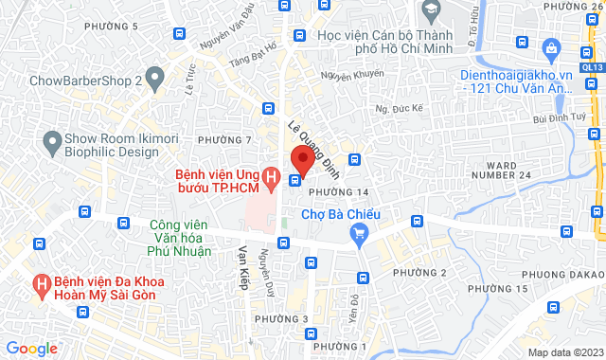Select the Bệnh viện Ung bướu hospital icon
tap(272, 177)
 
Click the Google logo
tap(30, 348)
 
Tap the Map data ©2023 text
tap(565, 352)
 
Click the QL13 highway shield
tap(594, 68)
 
